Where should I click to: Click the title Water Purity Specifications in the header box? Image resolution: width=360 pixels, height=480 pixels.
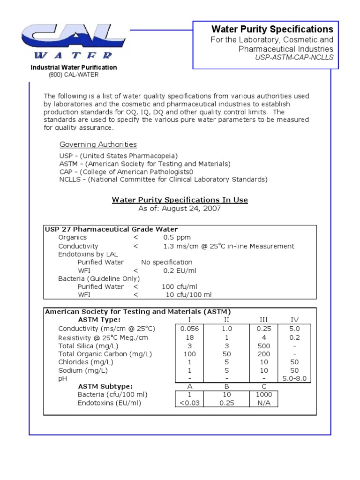coord(272,29)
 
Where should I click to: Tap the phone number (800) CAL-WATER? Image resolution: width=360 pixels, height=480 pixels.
coord(74,75)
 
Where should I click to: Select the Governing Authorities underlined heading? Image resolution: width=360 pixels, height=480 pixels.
coord(98,144)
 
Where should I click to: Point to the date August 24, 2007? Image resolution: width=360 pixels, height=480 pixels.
coord(191,209)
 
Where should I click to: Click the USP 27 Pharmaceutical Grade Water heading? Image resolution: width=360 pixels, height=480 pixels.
coord(111,229)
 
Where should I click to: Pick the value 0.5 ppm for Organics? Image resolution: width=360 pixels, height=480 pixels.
coord(177,238)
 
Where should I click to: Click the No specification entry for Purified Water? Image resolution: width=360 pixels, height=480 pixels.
coord(166,262)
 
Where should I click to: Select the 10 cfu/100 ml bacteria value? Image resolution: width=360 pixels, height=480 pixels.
coord(189,295)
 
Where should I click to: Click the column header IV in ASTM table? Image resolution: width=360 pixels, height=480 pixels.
coord(294,320)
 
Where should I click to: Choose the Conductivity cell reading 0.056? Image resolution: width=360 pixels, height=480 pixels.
coord(189,329)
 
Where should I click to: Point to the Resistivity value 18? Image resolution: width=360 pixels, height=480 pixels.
coord(189,337)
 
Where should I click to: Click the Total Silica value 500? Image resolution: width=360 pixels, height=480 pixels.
coord(263,345)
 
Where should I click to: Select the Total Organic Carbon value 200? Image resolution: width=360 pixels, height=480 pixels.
coord(263,354)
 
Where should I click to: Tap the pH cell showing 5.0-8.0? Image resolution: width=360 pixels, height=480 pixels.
coord(294,379)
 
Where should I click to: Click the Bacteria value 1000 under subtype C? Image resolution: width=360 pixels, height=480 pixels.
coord(263,395)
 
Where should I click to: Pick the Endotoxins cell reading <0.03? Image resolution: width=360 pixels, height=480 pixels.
coord(189,403)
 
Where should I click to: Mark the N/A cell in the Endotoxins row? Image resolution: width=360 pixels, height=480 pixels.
coord(263,403)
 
